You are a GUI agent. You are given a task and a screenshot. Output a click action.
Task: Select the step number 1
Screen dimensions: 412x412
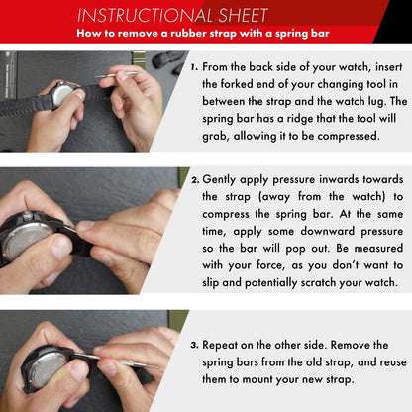tap(194, 67)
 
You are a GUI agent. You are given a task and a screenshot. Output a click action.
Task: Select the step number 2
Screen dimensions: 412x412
tap(195, 180)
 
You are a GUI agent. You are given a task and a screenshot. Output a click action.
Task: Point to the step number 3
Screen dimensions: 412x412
tap(194, 346)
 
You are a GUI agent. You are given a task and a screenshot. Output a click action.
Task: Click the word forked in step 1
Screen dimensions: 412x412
tap(237, 84)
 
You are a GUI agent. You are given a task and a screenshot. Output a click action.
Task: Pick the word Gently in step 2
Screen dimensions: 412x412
tap(219, 180)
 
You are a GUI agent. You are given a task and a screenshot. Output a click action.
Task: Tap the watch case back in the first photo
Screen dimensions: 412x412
tap(62, 95)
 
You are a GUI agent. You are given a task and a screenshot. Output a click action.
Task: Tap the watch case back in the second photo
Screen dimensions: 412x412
tap(27, 240)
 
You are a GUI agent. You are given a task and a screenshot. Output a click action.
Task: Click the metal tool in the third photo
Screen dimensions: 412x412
tap(121, 360)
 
